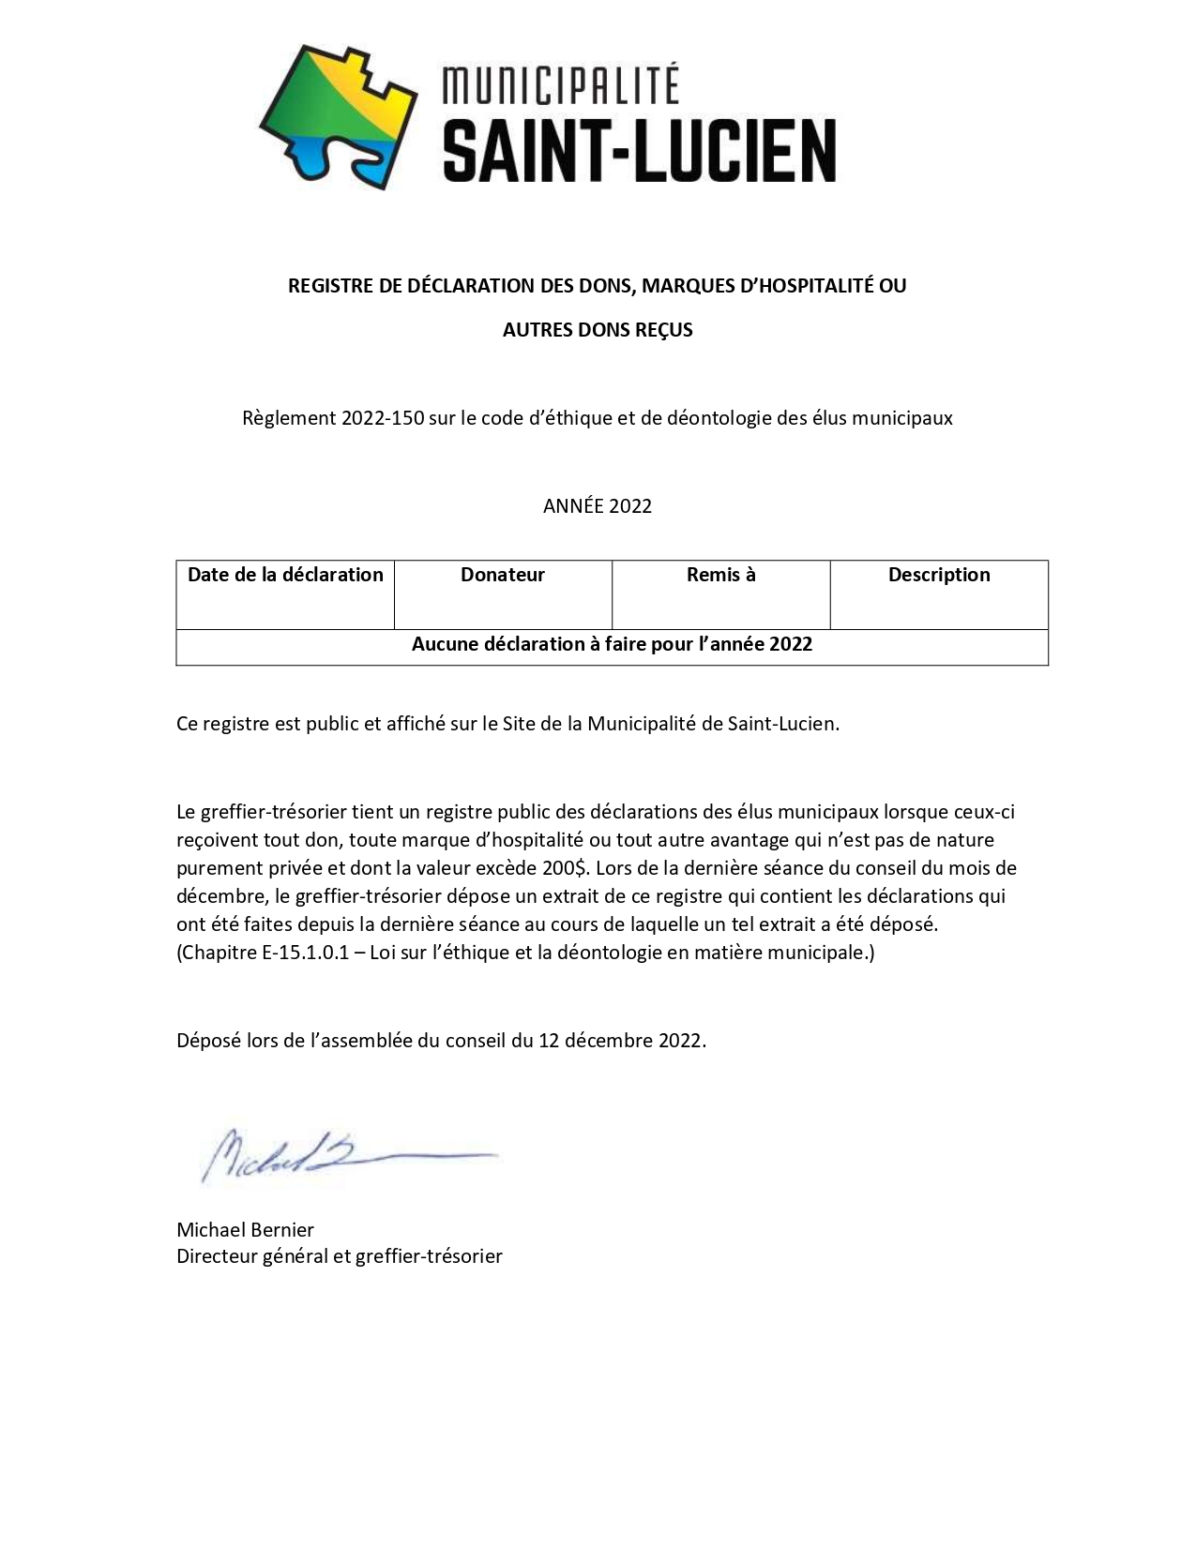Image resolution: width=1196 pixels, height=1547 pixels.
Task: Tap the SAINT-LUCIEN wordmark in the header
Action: tap(639, 150)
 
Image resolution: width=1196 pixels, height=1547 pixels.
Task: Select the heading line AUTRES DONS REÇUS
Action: tap(598, 330)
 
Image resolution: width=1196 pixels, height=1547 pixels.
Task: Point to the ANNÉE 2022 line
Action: tap(598, 506)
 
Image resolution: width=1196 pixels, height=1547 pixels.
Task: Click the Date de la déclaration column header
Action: tap(285, 575)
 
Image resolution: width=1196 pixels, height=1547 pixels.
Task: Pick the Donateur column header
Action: tap(503, 575)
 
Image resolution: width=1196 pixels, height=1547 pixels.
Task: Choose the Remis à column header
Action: tap(720, 575)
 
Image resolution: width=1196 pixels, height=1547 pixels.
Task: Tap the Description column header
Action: tap(939, 575)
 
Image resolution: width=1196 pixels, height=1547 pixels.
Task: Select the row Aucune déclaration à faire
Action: tap(612, 645)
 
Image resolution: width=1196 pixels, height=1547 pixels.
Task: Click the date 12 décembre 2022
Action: tap(621, 1041)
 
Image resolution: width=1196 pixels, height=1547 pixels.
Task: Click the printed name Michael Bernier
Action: tap(245, 1230)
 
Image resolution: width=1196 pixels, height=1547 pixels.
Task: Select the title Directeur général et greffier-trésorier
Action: tap(340, 1256)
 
